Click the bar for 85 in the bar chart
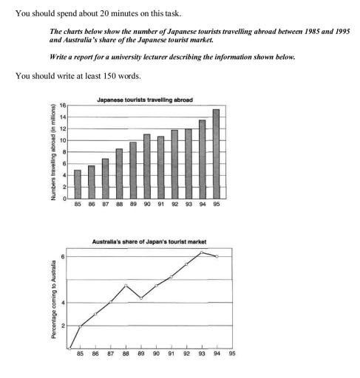tap(77, 185)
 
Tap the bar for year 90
tap(146, 166)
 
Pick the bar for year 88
tap(118, 173)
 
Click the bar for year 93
tap(188, 164)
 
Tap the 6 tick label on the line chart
tap(63, 256)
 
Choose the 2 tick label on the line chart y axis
tap(63, 326)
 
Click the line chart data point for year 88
tap(126, 285)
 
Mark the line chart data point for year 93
tap(202, 252)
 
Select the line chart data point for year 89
tap(141, 298)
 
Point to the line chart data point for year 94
tap(216, 256)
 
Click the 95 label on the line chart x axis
tap(232, 354)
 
